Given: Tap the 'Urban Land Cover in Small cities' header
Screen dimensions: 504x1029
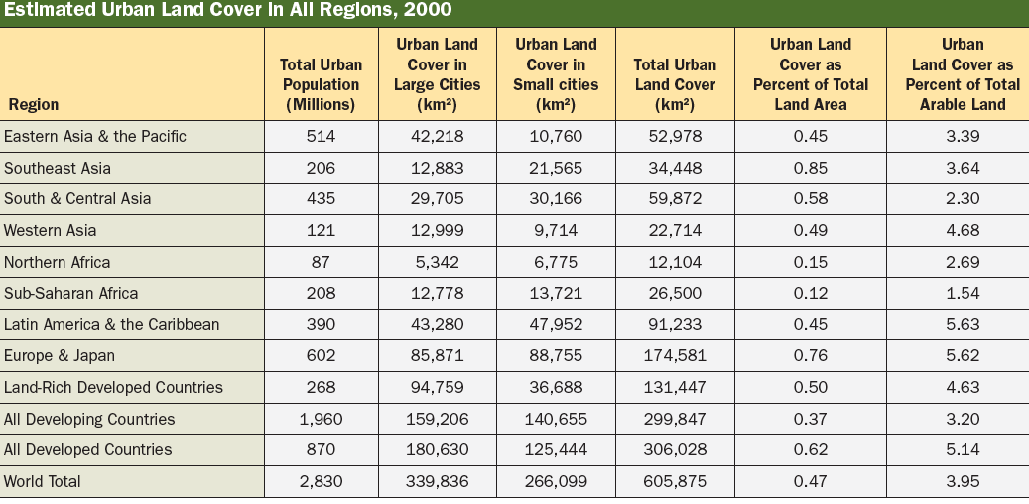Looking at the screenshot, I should click(x=556, y=74).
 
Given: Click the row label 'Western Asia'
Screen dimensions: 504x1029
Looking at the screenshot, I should click(x=50, y=230).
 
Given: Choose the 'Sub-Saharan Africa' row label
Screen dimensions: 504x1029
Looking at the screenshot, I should click(x=71, y=293).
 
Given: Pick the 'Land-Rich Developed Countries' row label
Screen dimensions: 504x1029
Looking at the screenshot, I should click(x=113, y=387).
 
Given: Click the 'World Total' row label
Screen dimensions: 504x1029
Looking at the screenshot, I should click(x=43, y=481).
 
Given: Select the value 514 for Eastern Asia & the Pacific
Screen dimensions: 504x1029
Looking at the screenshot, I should click(x=321, y=136).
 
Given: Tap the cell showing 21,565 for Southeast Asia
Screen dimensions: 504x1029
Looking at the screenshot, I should click(x=556, y=168).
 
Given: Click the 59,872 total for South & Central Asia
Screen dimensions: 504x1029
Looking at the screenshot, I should click(x=675, y=198).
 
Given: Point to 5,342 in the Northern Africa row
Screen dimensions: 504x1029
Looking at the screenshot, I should click(x=437, y=262).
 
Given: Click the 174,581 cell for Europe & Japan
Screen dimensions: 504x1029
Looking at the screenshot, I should click(x=675, y=355).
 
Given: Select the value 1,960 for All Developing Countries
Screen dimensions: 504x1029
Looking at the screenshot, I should click(x=321, y=419).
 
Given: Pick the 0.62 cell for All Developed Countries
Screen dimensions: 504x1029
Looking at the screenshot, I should click(x=811, y=449).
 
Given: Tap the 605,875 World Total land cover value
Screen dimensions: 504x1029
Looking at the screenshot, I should click(x=675, y=481).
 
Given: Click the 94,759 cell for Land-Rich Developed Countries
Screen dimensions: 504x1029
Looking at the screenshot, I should click(x=437, y=387).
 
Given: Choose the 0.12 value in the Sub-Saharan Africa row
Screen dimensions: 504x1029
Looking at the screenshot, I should click(x=811, y=293).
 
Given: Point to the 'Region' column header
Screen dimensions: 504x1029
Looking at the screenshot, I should click(x=34, y=104).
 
